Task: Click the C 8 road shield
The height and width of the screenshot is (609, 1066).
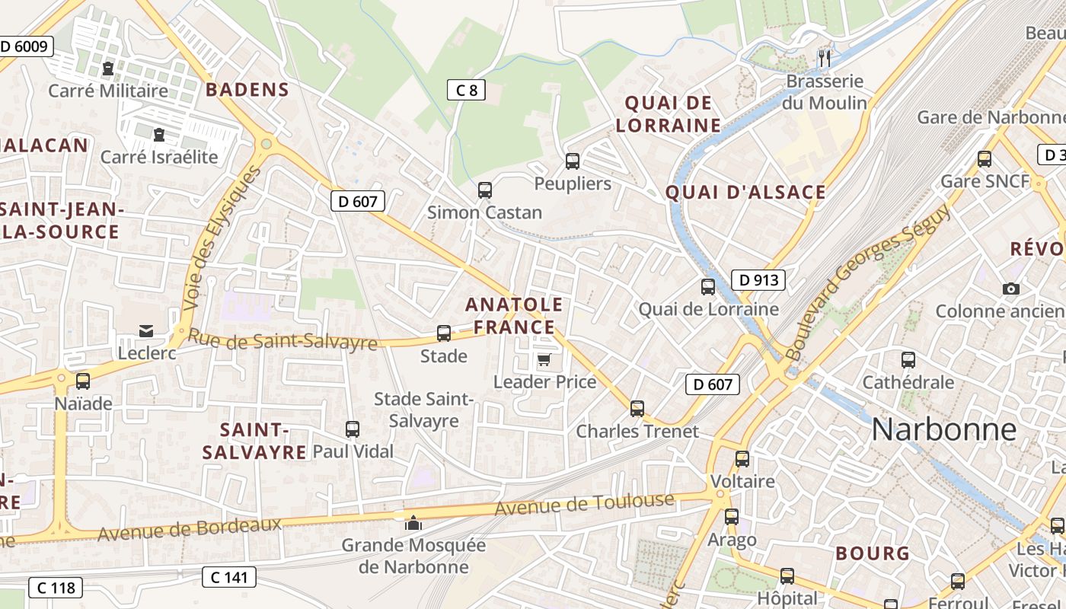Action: pos(466,91)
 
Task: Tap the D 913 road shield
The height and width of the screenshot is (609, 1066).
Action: pos(758,280)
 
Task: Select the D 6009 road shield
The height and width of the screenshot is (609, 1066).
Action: pos(24,46)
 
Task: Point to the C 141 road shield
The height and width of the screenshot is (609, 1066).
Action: pos(229,577)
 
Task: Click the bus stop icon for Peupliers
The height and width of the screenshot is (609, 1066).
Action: pos(573,161)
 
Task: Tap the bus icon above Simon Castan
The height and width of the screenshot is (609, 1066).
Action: pos(485,190)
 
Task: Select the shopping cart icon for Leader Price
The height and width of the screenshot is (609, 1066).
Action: pos(544,359)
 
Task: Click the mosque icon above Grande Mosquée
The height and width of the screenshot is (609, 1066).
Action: pos(413,523)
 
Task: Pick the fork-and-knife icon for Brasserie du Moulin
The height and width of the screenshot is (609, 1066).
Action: pos(825,58)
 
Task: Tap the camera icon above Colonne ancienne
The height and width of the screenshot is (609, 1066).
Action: pos(1011,289)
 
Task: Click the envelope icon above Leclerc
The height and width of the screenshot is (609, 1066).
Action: pos(146,330)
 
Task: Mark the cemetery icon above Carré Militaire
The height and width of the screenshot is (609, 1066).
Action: pos(107,69)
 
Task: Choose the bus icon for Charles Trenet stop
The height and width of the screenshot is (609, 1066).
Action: pos(637,409)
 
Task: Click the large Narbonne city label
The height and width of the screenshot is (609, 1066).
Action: pos(943,429)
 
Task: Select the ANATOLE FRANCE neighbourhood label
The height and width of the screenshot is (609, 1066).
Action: pos(515,316)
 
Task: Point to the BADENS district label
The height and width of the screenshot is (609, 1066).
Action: pos(247,90)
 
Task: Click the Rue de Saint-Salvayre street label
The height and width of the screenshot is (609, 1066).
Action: pos(282,340)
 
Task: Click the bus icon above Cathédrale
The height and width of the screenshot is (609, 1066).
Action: pos(908,360)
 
